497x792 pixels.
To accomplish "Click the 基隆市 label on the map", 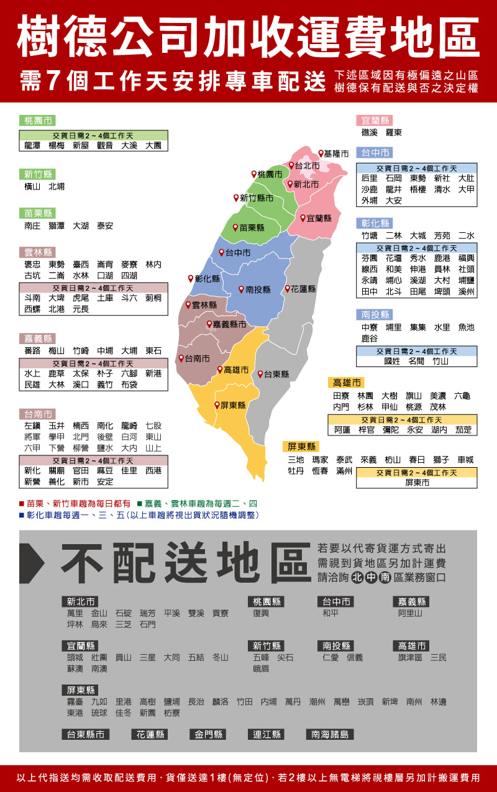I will point(336,153).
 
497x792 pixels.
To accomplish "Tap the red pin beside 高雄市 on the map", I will point(220,370).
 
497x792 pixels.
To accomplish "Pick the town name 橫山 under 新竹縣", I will point(32,186).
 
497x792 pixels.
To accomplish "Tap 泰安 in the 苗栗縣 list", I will point(105,226).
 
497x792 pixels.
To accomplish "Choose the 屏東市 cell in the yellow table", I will point(417,482).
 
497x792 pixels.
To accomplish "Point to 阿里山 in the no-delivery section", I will point(410,613).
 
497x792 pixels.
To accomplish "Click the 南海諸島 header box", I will point(330,734).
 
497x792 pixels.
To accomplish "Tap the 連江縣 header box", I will point(267,734).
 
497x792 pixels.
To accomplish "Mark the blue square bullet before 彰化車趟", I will point(21,516).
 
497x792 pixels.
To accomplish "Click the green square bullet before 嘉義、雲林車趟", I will point(140,504).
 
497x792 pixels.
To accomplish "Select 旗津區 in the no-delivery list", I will point(410,657).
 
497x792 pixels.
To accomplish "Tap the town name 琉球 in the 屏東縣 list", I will point(99,713).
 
